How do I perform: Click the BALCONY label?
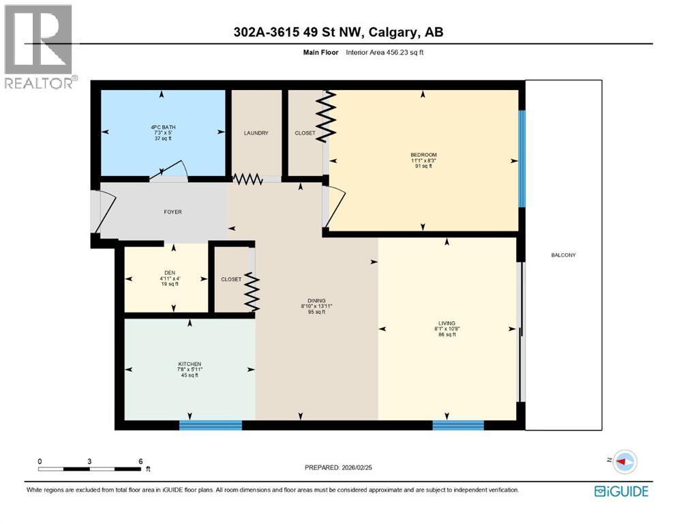tap(563, 255)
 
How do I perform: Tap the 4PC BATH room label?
tap(163, 127)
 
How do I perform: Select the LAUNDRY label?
tap(256, 133)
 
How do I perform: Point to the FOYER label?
tap(172, 212)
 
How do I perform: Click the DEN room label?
tap(170, 273)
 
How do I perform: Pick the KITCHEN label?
tap(190, 364)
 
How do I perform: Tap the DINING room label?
tap(316, 301)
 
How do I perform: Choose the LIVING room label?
tap(447, 323)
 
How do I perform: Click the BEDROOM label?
tap(423, 155)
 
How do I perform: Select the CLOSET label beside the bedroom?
tap(305, 133)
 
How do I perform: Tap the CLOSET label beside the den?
tap(231, 280)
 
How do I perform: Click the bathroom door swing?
tap(169, 170)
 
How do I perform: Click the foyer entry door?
tap(105, 213)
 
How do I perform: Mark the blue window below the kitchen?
tap(211, 426)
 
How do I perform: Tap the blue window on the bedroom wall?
tap(522, 159)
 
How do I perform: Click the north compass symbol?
tap(625, 462)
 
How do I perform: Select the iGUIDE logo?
tap(621, 492)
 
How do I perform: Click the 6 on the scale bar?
tap(140, 461)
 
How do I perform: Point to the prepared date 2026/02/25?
tap(357, 467)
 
